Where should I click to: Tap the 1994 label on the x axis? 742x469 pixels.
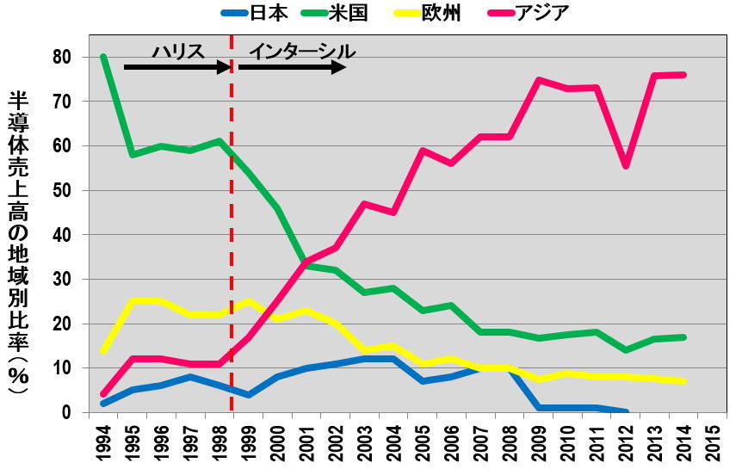(x=103, y=441)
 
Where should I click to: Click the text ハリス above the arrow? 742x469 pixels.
(x=178, y=50)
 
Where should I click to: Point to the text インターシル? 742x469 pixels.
(x=301, y=50)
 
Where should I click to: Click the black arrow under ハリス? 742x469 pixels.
(x=176, y=66)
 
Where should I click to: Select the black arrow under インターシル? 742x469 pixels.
(x=293, y=66)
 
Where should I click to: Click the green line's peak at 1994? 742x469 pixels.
(x=103, y=57)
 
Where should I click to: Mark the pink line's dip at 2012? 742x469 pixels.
(x=627, y=166)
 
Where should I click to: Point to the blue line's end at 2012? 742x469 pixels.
(x=627, y=412)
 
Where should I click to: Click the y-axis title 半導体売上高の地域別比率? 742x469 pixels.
(x=18, y=241)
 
